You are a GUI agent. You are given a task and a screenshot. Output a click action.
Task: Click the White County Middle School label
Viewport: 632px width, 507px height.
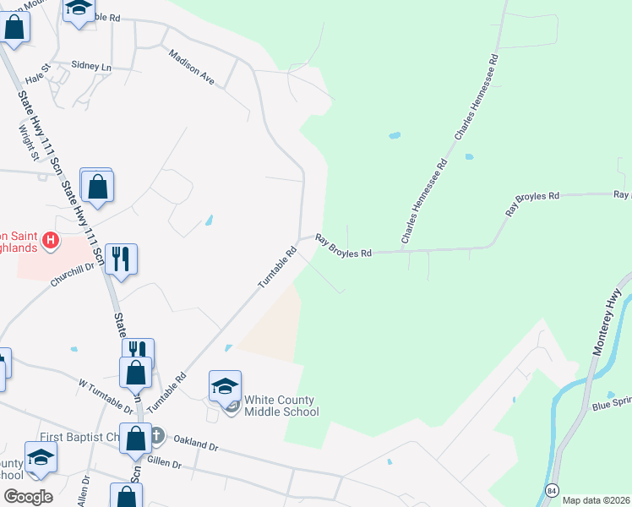pos(281,406)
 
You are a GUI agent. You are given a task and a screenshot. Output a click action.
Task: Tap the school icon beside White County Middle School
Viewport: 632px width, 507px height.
pos(225,386)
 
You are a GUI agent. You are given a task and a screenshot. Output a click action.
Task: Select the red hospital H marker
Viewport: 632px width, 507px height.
pos(50,242)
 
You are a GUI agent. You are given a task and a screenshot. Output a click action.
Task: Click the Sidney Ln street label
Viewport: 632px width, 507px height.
pos(91,66)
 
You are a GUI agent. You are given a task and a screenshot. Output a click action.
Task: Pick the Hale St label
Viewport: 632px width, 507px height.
pos(39,77)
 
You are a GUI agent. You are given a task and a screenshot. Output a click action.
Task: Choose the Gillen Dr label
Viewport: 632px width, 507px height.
pos(165,463)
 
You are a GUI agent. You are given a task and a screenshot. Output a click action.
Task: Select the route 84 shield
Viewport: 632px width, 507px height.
pos(552,490)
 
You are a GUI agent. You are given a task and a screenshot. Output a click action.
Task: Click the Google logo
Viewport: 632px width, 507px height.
pos(28,496)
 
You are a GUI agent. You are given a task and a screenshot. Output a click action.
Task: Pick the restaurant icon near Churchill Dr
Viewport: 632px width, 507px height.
pos(121,259)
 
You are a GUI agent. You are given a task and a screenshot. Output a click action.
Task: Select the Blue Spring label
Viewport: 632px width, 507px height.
pos(612,406)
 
